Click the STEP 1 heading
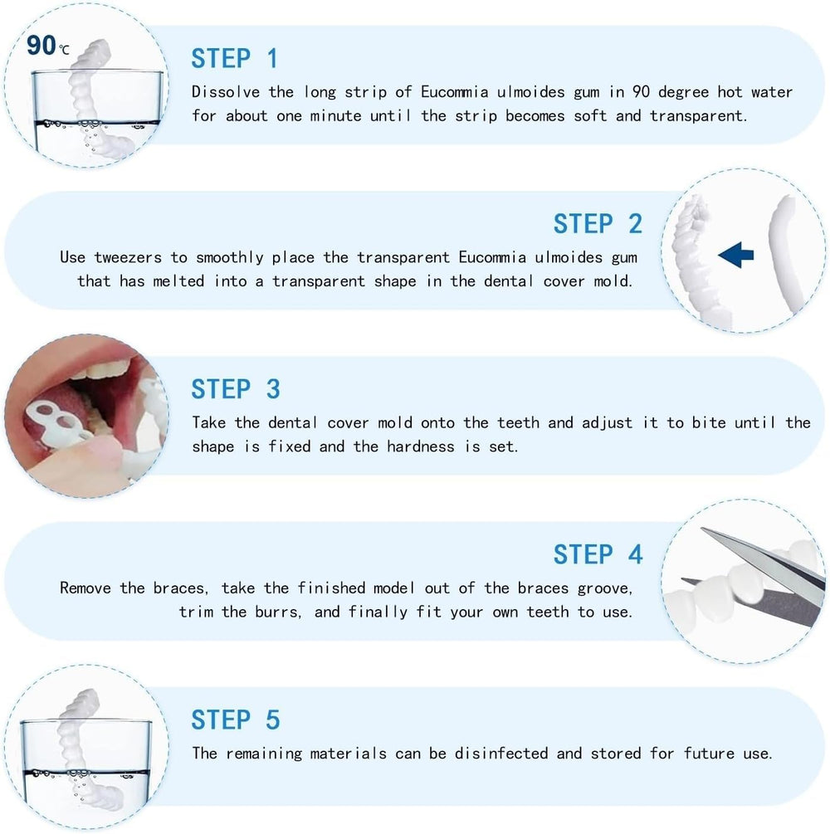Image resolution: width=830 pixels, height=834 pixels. coord(234,59)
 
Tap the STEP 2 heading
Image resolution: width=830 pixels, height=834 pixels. coord(598,224)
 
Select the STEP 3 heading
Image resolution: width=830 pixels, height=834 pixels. coord(236,389)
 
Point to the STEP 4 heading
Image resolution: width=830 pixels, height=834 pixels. coord(598,554)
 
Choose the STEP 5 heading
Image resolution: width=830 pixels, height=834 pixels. coord(236,719)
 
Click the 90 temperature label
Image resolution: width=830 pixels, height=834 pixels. coord(41,46)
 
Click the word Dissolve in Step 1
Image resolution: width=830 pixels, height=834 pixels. coord(222,91)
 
